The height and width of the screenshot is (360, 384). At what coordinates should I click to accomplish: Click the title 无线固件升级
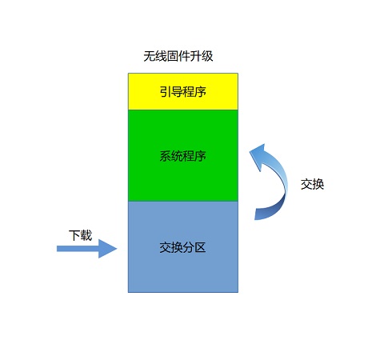click(x=178, y=56)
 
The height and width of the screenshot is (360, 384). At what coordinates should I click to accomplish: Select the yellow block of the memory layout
click(x=183, y=91)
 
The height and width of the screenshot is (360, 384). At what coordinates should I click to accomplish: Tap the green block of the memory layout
click(x=183, y=155)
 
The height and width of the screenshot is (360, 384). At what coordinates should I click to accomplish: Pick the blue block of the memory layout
click(x=183, y=246)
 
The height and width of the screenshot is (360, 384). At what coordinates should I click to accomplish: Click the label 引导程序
click(x=183, y=91)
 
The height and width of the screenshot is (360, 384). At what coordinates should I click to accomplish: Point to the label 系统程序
click(x=183, y=156)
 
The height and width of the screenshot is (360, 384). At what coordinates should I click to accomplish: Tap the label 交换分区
click(x=182, y=247)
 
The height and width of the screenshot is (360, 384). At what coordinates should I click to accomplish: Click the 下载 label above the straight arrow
click(x=80, y=235)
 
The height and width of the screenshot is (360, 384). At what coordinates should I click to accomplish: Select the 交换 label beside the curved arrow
click(x=312, y=184)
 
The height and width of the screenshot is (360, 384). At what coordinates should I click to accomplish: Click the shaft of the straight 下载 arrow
click(x=78, y=249)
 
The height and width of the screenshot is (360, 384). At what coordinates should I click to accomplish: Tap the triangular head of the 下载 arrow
click(x=107, y=249)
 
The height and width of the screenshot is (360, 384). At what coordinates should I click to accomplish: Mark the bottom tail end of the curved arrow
click(x=256, y=214)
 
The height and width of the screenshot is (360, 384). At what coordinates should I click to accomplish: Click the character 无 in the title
click(x=150, y=56)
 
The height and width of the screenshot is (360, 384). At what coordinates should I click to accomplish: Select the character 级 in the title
click(x=207, y=56)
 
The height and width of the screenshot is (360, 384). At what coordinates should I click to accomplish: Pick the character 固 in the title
click(x=173, y=56)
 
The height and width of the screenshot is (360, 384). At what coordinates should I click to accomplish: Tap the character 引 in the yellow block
click(x=166, y=91)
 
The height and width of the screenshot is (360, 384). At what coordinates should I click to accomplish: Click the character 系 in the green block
click(x=166, y=156)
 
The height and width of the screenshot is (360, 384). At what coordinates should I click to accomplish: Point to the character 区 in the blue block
click(x=200, y=247)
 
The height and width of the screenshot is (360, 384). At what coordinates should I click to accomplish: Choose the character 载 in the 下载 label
click(x=86, y=235)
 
